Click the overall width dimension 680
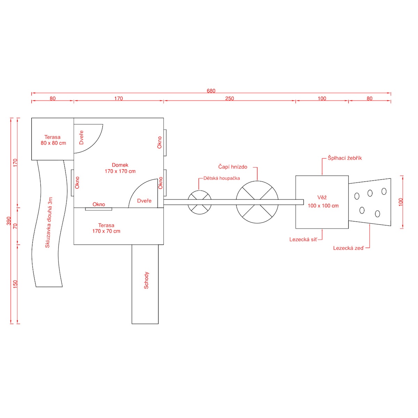click(211, 91)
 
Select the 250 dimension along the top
click(230, 99)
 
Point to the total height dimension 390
click(9, 221)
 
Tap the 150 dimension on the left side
click(15, 284)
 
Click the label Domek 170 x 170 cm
click(120, 168)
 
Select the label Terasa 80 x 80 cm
click(53, 140)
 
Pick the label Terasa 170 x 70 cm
click(106, 228)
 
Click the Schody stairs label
click(146, 280)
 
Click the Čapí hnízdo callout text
click(233, 167)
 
